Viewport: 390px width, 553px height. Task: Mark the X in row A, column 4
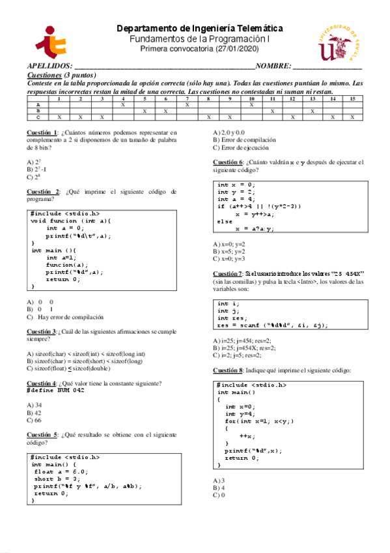tap(122, 104)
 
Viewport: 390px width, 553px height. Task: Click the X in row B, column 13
tap(313, 111)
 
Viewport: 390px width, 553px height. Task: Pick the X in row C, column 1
tap(59, 117)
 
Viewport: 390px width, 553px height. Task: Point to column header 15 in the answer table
tap(352, 98)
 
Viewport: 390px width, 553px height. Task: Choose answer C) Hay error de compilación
tap(65, 317)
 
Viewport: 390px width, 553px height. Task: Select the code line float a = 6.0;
tap(61, 471)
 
